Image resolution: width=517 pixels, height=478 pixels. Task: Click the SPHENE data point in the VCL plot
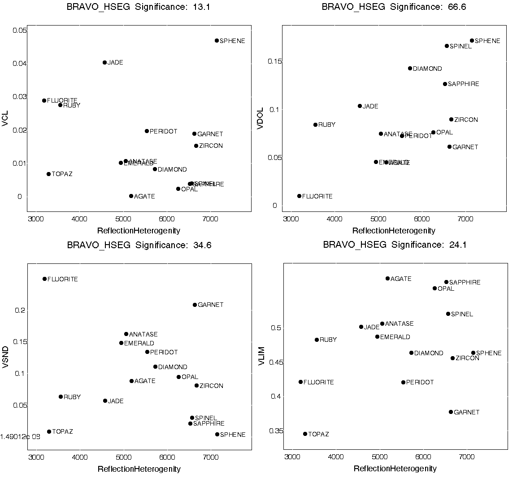click(x=217, y=41)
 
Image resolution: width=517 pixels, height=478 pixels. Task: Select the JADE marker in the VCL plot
click(x=104, y=63)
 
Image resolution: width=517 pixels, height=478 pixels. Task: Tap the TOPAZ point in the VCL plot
click(x=48, y=174)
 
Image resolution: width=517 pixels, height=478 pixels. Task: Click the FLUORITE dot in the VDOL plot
click(x=299, y=196)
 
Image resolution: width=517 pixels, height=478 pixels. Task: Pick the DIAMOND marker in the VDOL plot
click(x=410, y=69)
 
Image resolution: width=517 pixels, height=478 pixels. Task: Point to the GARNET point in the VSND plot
click(x=195, y=305)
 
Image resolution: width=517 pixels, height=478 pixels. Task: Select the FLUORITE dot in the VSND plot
click(x=44, y=279)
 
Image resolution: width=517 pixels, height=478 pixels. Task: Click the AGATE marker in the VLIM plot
click(x=387, y=279)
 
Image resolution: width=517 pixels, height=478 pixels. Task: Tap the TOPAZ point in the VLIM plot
click(x=305, y=434)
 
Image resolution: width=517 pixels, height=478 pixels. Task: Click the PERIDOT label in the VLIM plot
click(x=420, y=383)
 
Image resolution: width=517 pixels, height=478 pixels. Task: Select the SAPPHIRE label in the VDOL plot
click(x=463, y=84)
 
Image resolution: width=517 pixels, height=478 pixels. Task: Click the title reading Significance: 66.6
click(x=394, y=7)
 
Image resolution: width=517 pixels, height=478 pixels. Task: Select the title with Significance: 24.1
click(x=395, y=245)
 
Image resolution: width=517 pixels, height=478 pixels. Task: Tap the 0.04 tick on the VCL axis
click(x=20, y=64)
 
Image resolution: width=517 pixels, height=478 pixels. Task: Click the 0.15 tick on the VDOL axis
click(x=275, y=61)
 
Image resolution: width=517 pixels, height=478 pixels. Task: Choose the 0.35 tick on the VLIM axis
click(x=276, y=431)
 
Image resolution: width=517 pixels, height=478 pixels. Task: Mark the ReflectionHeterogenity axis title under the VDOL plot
click(x=394, y=231)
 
